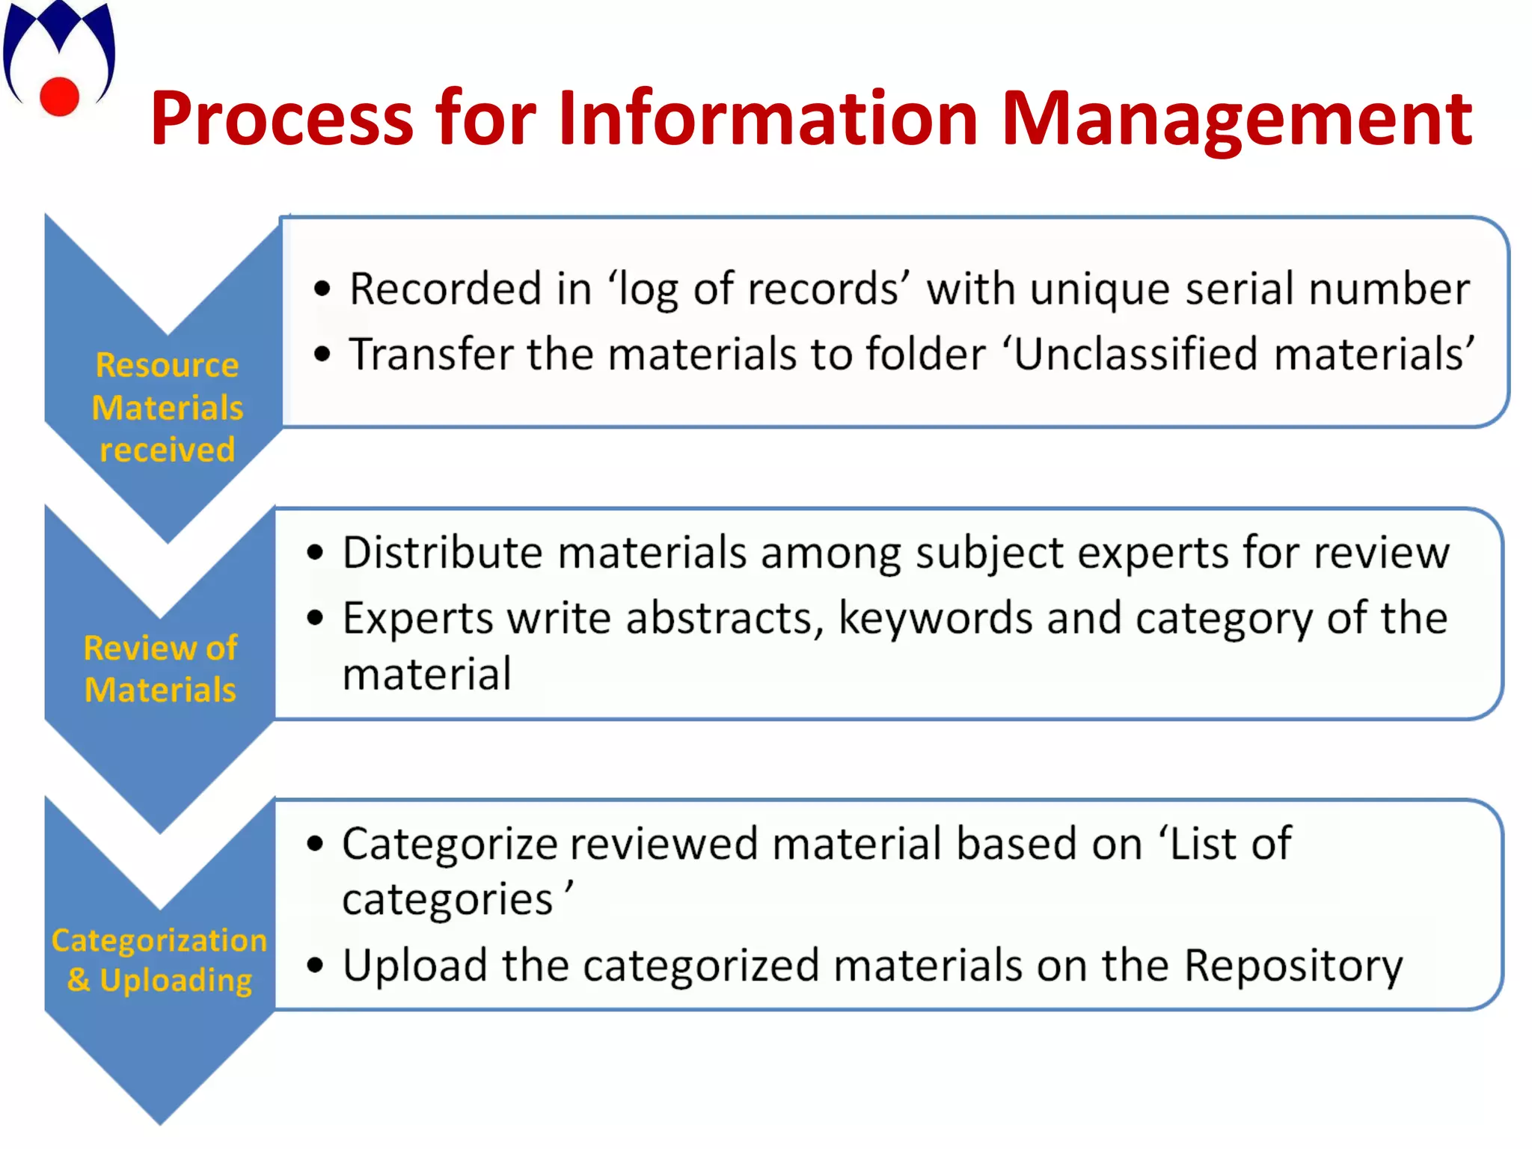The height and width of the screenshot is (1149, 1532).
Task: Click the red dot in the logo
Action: point(59,96)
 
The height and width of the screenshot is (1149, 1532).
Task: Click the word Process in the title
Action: point(281,119)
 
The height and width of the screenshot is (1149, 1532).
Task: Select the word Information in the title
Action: point(768,117)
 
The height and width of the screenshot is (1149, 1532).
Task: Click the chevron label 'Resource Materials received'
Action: point(167,408)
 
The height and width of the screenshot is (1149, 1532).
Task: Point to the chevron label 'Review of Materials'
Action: point(160,669)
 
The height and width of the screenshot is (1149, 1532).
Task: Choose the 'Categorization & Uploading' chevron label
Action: point(159,960)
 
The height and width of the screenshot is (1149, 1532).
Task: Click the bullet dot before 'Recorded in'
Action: point(322,289)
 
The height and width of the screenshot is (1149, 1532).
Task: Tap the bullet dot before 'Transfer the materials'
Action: point(322,355)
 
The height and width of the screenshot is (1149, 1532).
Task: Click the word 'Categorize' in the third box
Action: point(450,845)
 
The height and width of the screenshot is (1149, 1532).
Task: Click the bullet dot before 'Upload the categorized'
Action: point(315,965)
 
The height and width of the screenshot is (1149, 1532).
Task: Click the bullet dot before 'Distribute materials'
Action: point(315,553)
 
